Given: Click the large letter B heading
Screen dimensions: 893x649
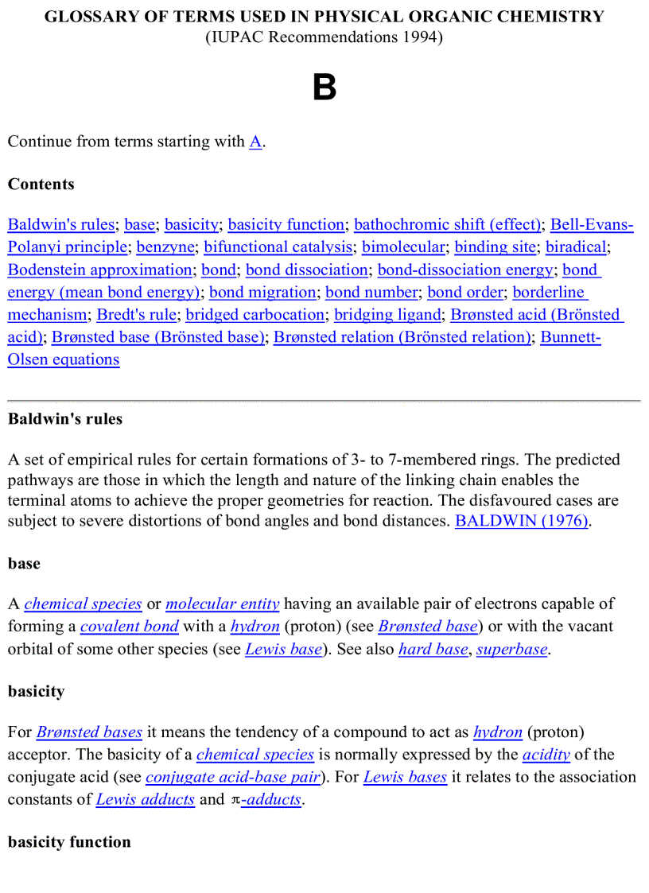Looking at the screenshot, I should (x=324, y=87).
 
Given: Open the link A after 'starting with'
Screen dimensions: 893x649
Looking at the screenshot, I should (x=255, y=142).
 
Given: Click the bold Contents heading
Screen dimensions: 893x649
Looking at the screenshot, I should (x=41, y=184).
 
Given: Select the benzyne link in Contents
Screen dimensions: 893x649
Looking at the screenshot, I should (x=165, y=247).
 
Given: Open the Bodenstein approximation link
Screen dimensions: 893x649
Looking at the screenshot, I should (x=99, y=270).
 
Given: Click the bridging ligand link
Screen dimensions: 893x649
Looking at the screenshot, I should (x=387, y=314).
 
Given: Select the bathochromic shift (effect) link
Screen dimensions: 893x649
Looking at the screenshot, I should (x=447, y=225).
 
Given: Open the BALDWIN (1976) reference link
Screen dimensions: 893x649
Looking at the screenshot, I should (x=522, y=522).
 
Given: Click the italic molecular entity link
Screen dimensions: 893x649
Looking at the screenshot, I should (x=223, y=604).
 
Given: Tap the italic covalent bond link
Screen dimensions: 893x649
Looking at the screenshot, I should (x=130, y=627).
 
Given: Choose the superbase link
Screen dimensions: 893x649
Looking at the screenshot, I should (x=512, y=649).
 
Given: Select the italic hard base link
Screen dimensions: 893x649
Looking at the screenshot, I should (x=433, y=649).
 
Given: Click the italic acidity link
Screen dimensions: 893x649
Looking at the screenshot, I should (x=546, y=755).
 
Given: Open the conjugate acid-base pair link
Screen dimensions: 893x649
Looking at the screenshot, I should (x=233, y=777).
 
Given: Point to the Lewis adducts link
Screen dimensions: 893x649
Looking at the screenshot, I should (x=146, y=799).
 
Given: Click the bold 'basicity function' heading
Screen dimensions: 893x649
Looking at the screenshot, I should (x=69, y=842).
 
